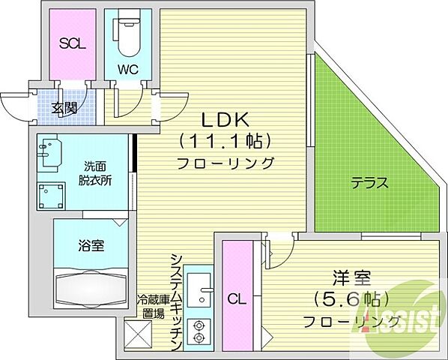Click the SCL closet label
coord(72,43)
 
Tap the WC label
coord(126,69)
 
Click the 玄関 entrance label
coord(64,108)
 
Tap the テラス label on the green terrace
coord(371,182)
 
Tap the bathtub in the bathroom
coord(90,285)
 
